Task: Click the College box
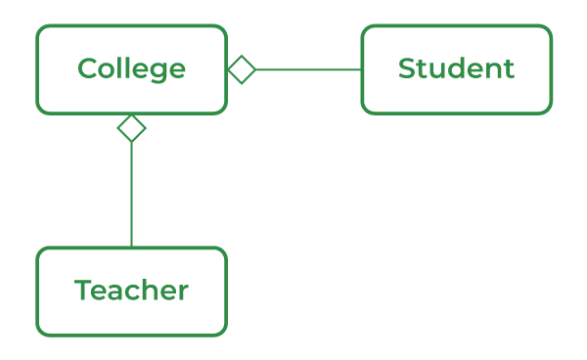click(x=131, y=69)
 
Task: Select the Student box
click(x=456, y=69)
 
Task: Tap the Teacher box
click(x=131, y=291)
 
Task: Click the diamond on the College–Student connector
click(x=242, y=69)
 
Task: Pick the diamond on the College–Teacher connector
click(x=131, y=128)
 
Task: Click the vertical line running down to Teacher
click(x=131, y=196)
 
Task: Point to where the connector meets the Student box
click(x=362, y=69)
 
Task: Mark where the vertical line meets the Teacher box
click(x=131, y=247)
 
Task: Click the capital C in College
click(x=87, y=69)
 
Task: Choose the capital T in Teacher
click(x=83, y=291)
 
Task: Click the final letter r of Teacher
click(x=183, y=292)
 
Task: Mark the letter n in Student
click(x=494, y=71)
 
